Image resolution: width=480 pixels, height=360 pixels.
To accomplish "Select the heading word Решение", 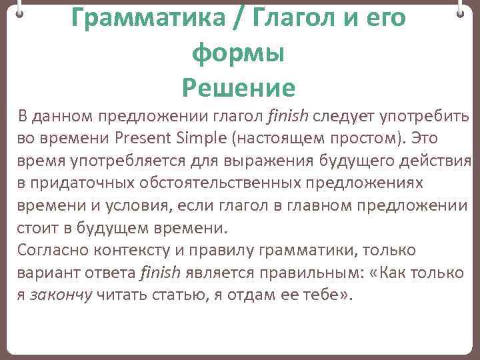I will tap(238, 87).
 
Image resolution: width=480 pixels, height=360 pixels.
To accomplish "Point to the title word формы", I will tap(238, 53).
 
